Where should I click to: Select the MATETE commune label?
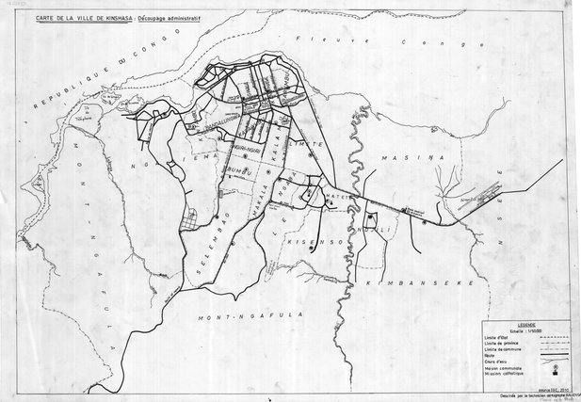(x=338, y=199)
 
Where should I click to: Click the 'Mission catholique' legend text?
(x=499, y=374)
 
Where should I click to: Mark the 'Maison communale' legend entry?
(x=498, y=368)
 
